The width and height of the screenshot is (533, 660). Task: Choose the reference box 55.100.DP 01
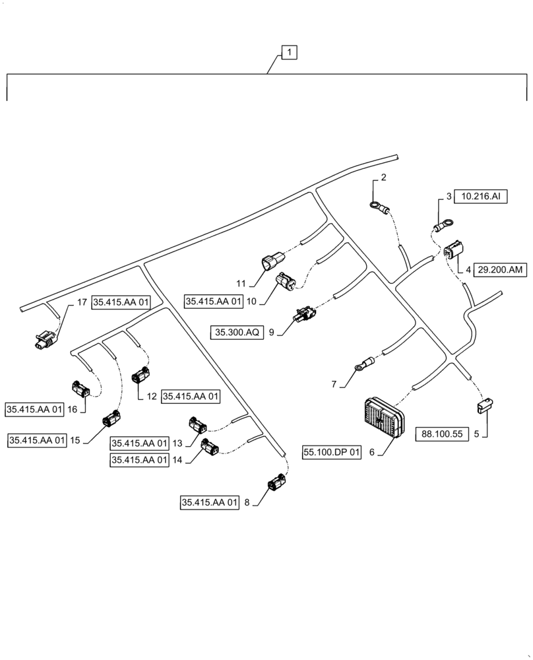[333, 453]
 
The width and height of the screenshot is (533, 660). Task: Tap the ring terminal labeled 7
[362, 363]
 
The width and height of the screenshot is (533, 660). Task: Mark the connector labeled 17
[45, 339]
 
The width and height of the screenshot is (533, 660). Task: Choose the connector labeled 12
[141, 378]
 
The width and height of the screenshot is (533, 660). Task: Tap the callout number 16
[72, 410]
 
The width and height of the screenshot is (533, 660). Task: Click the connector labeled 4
[454, 251]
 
